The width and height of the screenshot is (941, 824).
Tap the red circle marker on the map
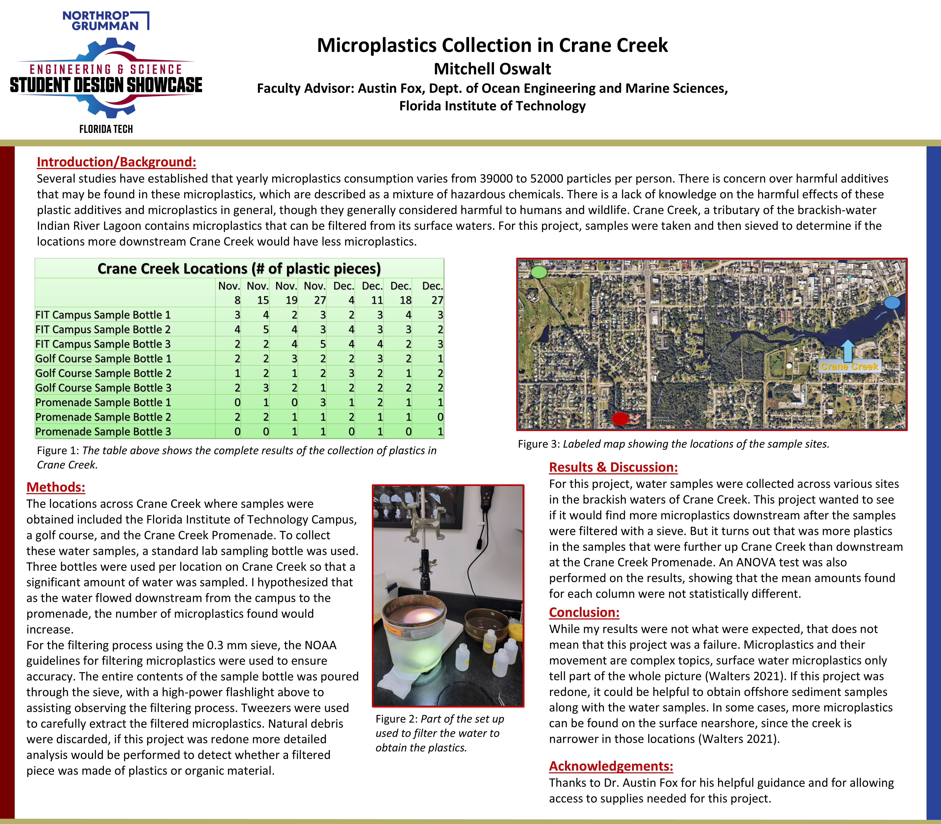[620, 419]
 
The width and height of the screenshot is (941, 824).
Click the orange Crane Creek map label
[849, 366]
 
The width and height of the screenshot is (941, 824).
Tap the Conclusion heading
[584, 612]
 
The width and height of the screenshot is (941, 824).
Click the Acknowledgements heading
[611, 766]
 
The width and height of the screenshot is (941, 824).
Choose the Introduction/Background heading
[116, 162]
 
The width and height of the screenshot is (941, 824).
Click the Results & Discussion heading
[613, 467]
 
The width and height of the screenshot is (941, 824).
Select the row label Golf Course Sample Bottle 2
[103, 373]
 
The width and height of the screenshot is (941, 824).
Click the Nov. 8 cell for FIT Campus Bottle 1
[237, 315]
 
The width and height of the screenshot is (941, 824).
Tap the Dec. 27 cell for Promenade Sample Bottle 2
[440, 417]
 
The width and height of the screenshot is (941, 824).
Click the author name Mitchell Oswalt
[492, 69]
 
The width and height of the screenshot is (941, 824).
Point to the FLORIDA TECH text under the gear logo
[106, 129]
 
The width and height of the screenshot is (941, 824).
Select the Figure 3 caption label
[537, 444]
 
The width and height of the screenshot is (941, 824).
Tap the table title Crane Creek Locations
[239, 269]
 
